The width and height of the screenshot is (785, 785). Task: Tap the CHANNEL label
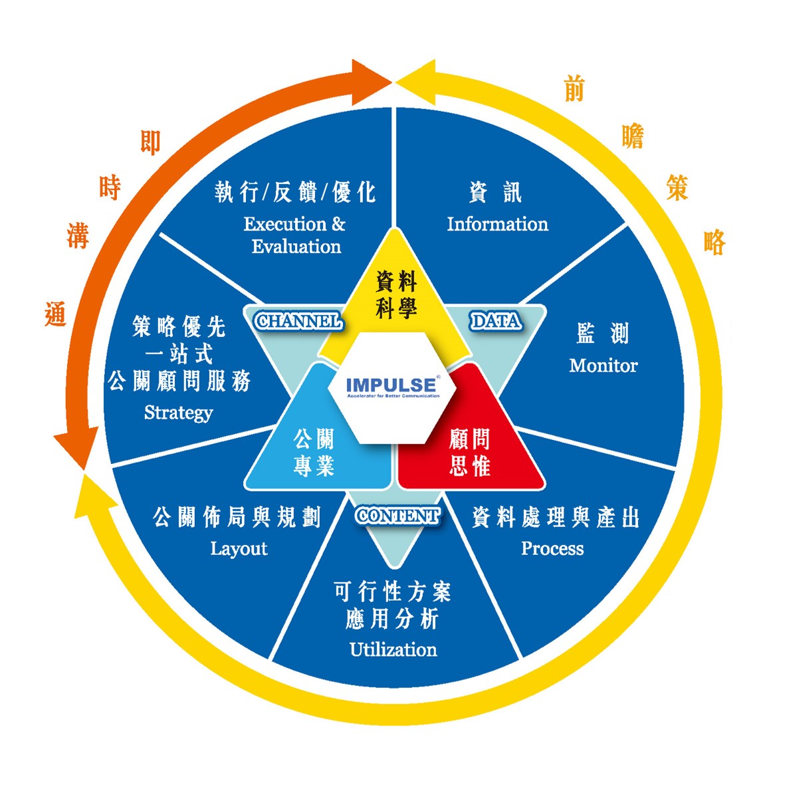coord(298,322)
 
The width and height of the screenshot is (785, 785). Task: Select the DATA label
coord(495,322)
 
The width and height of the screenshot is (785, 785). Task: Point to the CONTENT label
coord(397,516)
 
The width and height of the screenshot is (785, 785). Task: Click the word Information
coord(497,224)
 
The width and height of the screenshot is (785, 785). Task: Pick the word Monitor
coord(603,365)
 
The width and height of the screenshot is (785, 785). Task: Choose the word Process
coord(552,548)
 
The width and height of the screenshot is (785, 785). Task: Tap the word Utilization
coord(393,649)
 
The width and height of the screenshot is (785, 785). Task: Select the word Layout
coord(239,548)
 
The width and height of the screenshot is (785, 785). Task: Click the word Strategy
coord(178,413)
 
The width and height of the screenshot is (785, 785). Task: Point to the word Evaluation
coord(296,247)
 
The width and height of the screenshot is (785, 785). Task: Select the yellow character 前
coord(574,88)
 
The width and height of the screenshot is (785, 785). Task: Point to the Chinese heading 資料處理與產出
coord(555,517)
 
